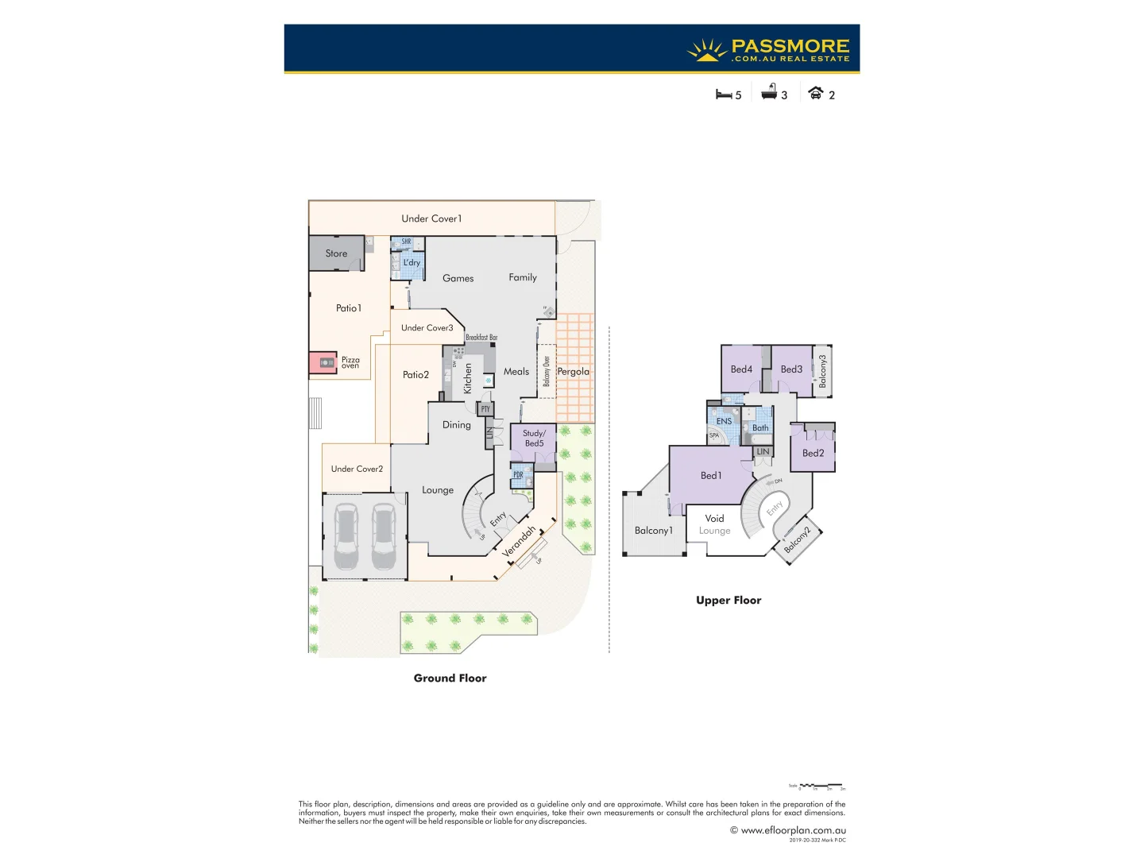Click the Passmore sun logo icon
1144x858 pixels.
click(706, 50)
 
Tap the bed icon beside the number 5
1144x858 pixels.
click(723, 95)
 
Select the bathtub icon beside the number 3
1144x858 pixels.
click(769, 93)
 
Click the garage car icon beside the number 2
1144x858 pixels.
click(815, 93)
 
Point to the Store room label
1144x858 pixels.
click(336, 253)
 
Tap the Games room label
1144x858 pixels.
click(458, 278)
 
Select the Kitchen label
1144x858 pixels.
click(468, 378)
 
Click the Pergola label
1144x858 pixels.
click(573, 371)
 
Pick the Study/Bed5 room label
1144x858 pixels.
click(534, 439)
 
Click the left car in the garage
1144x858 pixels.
click(346, 536)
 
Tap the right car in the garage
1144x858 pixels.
click(383, 536)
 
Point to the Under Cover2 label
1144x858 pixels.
click(357, 469)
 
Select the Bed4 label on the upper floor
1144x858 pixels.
click(741, 369)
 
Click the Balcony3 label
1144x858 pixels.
click(823, 370)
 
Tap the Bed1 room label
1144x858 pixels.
click(711, 475)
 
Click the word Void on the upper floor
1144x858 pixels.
click(714, 518)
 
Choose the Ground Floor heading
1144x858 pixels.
click(450, 678)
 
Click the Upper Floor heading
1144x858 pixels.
click(729, 600)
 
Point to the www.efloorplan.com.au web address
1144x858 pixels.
click(793, 830)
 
